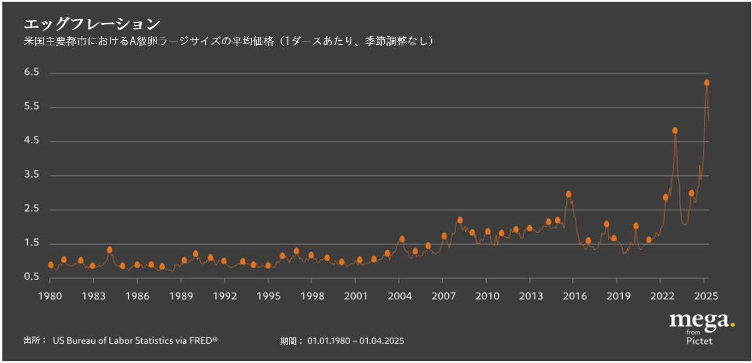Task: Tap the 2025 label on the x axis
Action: click(705, 296)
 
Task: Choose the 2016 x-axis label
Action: click(573, 296)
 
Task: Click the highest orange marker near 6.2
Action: click(707, 83)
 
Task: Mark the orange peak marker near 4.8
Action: click(675, 130)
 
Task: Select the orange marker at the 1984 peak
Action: click(109, 250)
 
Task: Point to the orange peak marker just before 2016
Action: click(568, 194)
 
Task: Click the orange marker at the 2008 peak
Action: click(460, 220)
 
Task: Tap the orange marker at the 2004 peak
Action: click(402, 239)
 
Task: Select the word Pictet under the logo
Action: click(699, 341)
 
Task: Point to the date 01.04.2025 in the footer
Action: click(381, 341)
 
